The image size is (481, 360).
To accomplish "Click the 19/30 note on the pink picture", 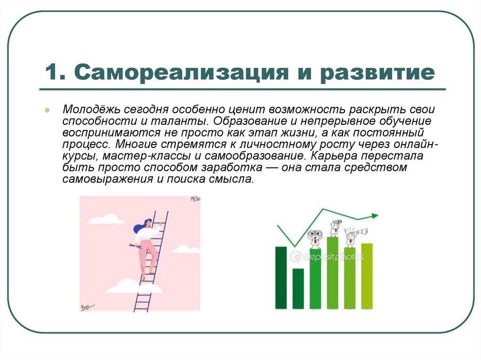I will click(x=195, y=199).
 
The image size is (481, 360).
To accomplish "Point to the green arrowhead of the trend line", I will click(x=374, y=216).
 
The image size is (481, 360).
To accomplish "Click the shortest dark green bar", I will click(x=298, y=288).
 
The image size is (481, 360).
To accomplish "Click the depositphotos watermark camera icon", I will click(x=295, y=256).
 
